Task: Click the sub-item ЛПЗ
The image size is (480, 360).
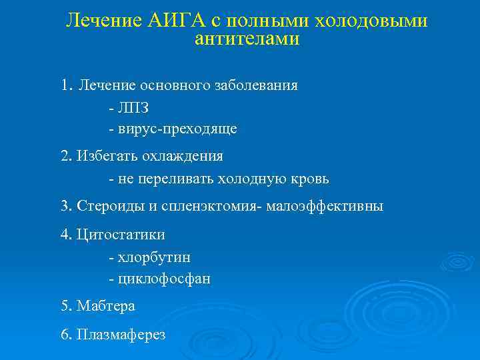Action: click(133, 108)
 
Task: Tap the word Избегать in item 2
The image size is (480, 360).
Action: click(105, 156)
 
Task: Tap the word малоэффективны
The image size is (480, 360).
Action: click(325, 206)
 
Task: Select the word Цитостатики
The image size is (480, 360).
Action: click(121, 235)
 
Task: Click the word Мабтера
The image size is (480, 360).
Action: click(106, 307)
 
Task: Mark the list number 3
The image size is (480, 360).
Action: click(65, 206)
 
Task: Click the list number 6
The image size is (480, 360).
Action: click(65, 334)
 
